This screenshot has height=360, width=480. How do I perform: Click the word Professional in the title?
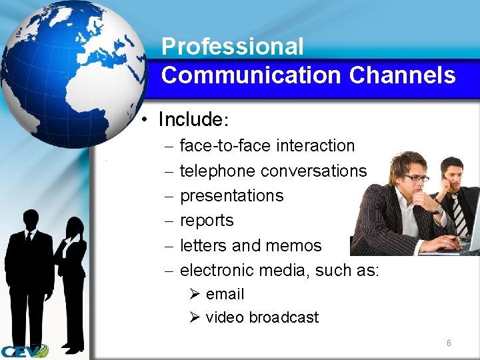coord(232,47)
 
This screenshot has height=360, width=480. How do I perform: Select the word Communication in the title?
coord(251,75)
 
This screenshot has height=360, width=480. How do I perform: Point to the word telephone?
coord(217,171)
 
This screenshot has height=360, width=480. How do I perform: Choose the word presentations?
coord(231,196)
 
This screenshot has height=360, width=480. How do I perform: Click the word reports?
coord(207,221)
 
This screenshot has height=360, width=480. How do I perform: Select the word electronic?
coord(217,270)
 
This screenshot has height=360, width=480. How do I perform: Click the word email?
coord(225,294)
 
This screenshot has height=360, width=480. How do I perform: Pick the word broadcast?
coord(283,317)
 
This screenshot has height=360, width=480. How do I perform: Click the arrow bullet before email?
coord(195,294)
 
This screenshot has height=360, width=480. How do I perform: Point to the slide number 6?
coord(449,343)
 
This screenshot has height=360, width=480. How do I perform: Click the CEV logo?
coord(25,351)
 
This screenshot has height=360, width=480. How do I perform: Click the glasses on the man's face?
coord(417,177)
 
